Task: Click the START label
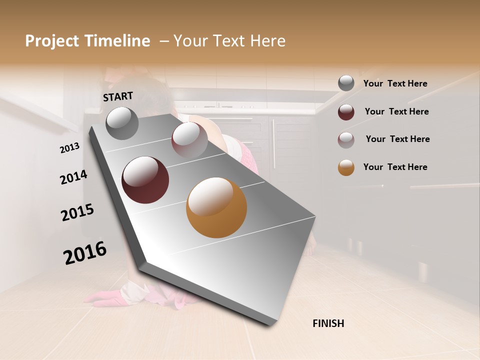(118, 96)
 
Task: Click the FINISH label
(328, 323)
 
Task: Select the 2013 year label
(69, 148)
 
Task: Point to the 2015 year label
(77, 212)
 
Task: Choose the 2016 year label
(85, 252)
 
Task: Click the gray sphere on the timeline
(122, 123)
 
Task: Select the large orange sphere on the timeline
(216, 207)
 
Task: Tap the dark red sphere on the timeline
(145, 180)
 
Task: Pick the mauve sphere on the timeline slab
(189, 139)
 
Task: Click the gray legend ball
(346, 83)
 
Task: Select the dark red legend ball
(346, 112)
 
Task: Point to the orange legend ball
(346, 167)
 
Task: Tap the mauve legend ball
(346, 139)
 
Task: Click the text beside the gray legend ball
(395, 84)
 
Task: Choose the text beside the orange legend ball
(395, 167)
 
